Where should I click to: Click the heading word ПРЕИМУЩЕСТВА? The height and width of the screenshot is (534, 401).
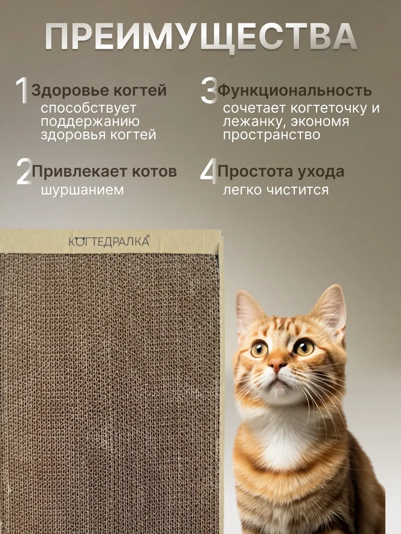pos(200,38)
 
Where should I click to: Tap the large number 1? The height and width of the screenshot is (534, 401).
pos(22,92)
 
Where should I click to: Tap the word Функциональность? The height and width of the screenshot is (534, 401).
pos(295,91)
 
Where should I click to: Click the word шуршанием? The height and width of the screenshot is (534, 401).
pos(82,190)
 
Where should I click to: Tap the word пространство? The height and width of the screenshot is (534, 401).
pos(271,135)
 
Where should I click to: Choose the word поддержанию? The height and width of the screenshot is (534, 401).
pos(90,121)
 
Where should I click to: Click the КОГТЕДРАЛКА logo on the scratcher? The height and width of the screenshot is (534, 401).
pos(109,241)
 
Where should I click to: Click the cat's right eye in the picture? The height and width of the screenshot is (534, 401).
pos(303,347)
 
